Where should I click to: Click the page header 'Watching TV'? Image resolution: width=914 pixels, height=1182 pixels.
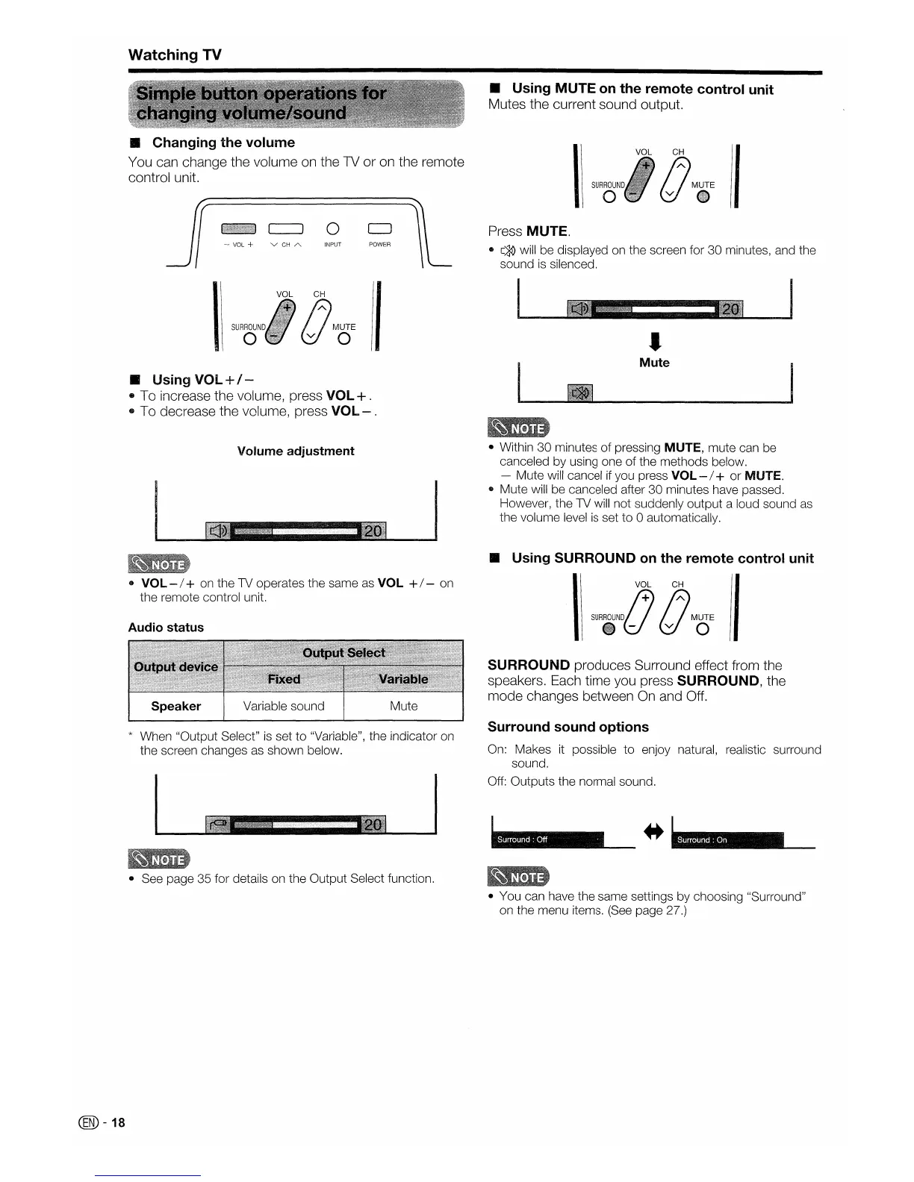point(175,54)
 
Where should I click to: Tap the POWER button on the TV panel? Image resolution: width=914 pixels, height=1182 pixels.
point(379,228)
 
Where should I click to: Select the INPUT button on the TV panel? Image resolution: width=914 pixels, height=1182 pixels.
point(333,228)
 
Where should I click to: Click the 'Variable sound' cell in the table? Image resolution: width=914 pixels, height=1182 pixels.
point(284,706)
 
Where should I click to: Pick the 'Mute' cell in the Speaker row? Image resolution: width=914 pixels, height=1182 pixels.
point(403,706)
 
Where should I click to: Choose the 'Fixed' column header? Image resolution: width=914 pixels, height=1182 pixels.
point(284,679)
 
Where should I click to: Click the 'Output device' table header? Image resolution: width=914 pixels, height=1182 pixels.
point(176,666)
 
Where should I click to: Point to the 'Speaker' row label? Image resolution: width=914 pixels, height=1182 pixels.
point(176,706)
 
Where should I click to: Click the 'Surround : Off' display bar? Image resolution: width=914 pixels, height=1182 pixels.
point(548,839)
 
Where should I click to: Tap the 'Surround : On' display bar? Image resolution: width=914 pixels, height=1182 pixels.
point(727,839)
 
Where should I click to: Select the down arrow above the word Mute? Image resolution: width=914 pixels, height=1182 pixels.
point(654,342)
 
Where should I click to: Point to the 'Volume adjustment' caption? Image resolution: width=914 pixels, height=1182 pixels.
point(296,451)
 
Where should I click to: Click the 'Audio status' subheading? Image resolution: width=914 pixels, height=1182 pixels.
point(166,628)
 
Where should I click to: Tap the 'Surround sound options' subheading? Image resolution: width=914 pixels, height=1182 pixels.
point(568,727)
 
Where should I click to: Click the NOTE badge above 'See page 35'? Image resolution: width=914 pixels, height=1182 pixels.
point(159,859)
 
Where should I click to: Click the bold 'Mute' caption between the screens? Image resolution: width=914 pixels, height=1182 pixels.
point(654,363)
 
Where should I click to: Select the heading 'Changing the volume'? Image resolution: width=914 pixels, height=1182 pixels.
point(223,143)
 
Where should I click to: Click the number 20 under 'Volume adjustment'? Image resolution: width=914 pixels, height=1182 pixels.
point(373,531)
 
